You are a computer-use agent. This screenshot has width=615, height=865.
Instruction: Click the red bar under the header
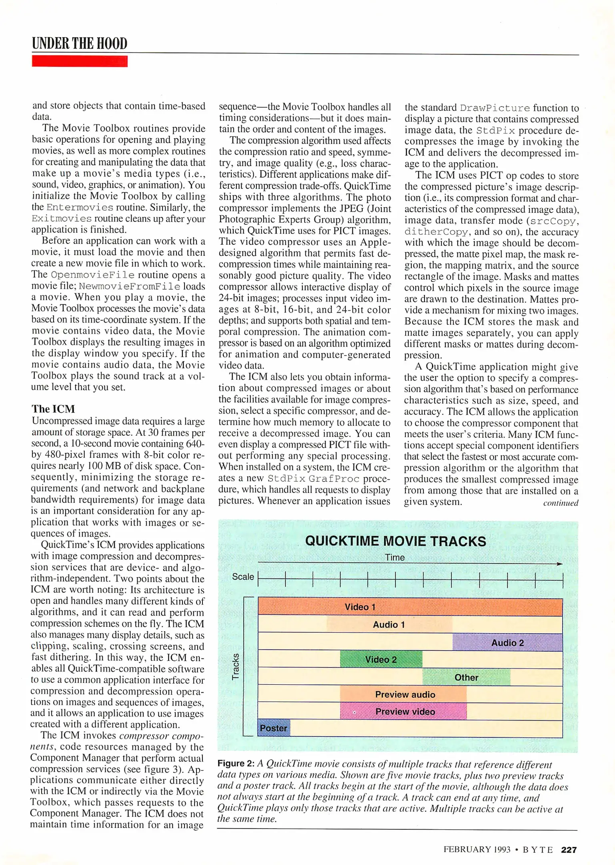[x=80, y=61]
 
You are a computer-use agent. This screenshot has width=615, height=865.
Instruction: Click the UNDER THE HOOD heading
[x=80, y=43]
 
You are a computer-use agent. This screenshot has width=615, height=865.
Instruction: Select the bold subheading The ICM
[x=53, y=409]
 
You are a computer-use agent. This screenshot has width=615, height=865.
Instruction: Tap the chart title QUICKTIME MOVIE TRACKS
[x=395, y=541]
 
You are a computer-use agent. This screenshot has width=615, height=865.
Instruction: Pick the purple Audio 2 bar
[x=507, y=642]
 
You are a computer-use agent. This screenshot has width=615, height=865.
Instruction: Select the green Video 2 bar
[x=381, y=659]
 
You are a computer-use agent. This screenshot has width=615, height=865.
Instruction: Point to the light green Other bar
[x=466, y=677]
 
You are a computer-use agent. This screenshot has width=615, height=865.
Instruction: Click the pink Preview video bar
[x=403, y=712]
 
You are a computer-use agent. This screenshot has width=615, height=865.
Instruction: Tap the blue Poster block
[x=274, y=728]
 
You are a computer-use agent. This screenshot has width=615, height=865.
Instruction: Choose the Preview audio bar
[x=403, y=694]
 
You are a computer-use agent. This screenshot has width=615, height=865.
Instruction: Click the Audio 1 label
[x=389, y=625]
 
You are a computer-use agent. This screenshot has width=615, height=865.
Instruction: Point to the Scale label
[x=243, y=577]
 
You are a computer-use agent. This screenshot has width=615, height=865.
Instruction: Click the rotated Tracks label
[x=236, y=666]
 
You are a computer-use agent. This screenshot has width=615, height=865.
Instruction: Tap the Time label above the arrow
[x=395, y=557]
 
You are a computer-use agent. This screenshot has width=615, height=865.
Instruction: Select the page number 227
[x=569, y=850]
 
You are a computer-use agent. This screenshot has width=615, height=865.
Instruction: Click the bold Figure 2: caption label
[x=236, y=763]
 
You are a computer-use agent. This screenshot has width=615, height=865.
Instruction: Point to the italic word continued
[x=561, y=503]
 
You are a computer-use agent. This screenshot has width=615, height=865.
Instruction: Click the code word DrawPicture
[x=495, y=108]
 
